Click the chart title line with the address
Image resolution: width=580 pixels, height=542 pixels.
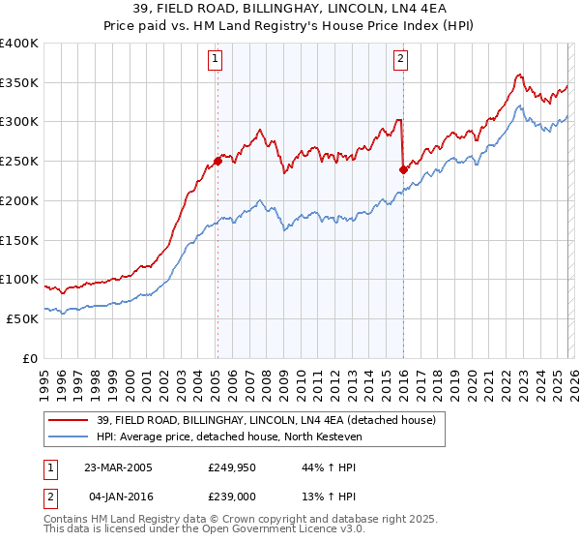point(289,9)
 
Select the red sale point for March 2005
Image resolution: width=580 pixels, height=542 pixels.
point(217,162)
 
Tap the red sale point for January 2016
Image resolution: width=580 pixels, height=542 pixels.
point(402,169)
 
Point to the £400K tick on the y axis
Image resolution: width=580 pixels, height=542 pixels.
point(19,44)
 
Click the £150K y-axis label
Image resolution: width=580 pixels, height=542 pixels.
point(19,240)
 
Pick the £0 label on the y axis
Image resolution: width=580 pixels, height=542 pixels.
point(29,358)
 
